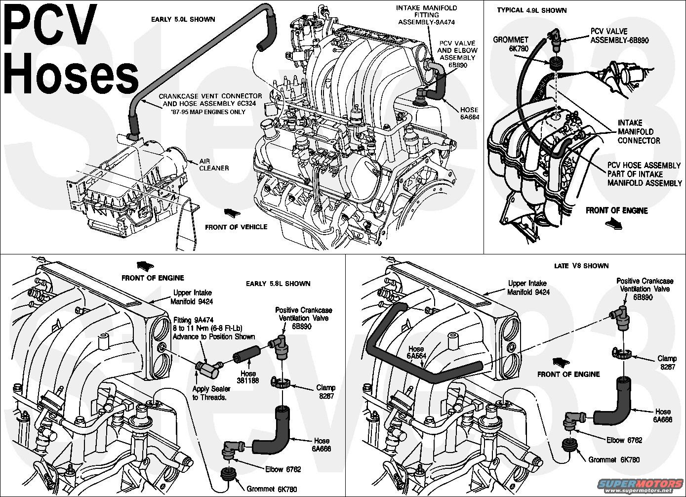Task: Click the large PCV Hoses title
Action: [x=71, y=48]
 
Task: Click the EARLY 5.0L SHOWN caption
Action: [x=183, y=19]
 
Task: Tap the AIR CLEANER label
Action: [x=214, y=165]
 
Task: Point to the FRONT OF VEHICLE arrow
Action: [x=232, y=212]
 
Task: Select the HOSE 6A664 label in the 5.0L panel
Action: [x=470, y=113]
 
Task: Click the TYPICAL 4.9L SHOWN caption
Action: [x=532, y=10]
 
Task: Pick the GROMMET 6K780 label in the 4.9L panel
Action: [x=511, y=44]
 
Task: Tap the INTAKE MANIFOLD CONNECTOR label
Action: [x=639, y=131]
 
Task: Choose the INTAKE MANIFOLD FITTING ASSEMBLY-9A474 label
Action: [x=427, y=15]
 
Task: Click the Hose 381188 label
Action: [x=248, y=377]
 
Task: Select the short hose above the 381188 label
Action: [x=246, y=355]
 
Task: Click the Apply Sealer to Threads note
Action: [x=211, y=393]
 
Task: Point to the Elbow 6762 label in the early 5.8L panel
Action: [x=283, y=469]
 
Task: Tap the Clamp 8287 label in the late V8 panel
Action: [x=667, y=362]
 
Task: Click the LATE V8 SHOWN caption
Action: [x=581, y=266]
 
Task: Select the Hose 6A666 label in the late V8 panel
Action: [x=663, y=415]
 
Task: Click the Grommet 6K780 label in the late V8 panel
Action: [x=614, y=459]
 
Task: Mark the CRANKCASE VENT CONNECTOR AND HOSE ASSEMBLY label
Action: [x=210, y=104]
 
